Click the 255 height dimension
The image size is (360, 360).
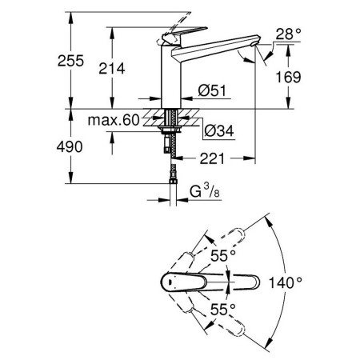pos(70,61)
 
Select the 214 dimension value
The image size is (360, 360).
pos(112,69)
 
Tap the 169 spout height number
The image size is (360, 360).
pos(288,77)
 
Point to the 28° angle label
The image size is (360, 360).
pos(288,34)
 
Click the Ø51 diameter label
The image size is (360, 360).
pos(212,90)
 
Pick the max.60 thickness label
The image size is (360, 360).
pos(114,120)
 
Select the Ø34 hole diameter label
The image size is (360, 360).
pos(219,130)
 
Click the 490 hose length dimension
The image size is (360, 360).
pos(70,146)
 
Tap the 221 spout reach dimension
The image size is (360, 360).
pos(213,158)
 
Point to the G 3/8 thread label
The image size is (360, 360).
pos(205,191)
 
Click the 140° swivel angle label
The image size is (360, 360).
pos(285,282)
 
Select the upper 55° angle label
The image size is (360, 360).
pos(223,256)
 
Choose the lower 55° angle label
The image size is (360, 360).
pos(223,310)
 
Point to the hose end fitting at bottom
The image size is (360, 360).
pos(173,182)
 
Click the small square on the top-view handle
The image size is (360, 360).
pos(170,282)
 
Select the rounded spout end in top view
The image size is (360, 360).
pos(255,282)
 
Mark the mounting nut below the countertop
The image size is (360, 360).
pos(170,130)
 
